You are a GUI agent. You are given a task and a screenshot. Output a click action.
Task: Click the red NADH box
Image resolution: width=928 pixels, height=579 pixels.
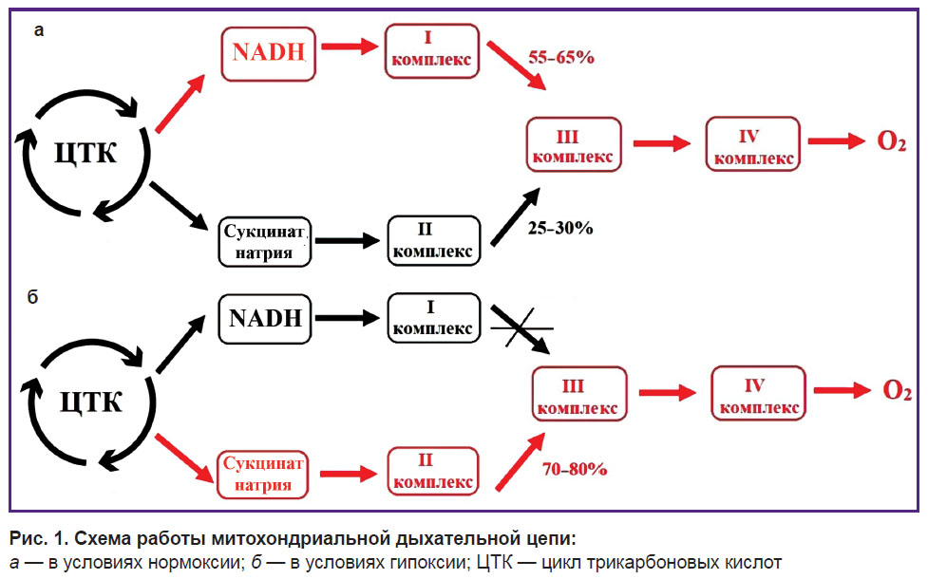pos(268,54)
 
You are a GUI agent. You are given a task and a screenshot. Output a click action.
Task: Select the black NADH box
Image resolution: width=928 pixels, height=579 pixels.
pos(265,319)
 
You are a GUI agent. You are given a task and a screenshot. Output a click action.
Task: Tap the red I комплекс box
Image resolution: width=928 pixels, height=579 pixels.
pos(431,51)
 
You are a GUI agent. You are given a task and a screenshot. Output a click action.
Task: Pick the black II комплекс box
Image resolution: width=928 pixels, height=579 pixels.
pos(434,240)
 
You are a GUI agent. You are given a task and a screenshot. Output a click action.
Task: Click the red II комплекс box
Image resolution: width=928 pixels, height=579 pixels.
pos(432,471)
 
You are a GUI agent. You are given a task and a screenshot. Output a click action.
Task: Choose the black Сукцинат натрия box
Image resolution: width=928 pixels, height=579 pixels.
pos(265,242)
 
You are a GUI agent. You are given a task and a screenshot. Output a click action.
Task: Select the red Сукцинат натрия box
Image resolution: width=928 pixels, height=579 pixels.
pos(263,475)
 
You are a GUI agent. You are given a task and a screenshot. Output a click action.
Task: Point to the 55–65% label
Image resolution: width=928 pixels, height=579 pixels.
pos(561,57)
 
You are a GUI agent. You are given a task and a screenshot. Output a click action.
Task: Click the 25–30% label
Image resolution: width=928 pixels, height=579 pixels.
pos(560,229)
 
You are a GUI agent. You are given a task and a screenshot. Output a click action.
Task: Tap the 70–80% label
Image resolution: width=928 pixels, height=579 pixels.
pos(575,470)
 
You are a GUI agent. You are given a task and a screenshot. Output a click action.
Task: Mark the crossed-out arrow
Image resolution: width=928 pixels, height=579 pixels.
pos(521,328)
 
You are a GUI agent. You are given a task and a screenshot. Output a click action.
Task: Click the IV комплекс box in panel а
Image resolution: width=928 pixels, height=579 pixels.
pos(753,144)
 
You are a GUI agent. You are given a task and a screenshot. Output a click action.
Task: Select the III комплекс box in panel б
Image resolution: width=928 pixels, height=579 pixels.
pos(578,394)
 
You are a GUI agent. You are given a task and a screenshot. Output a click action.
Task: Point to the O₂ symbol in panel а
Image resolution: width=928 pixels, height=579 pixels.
pos(891,142)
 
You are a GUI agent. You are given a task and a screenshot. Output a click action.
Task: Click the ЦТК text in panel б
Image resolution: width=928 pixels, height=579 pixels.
pos(90,402)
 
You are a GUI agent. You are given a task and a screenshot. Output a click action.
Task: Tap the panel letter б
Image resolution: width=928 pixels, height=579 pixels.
pos(32,296)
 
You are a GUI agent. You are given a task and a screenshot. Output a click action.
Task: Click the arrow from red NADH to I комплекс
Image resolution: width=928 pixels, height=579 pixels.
pos(350,47)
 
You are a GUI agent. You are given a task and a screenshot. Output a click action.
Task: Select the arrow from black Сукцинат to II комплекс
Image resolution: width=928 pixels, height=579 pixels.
pos(348,240)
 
